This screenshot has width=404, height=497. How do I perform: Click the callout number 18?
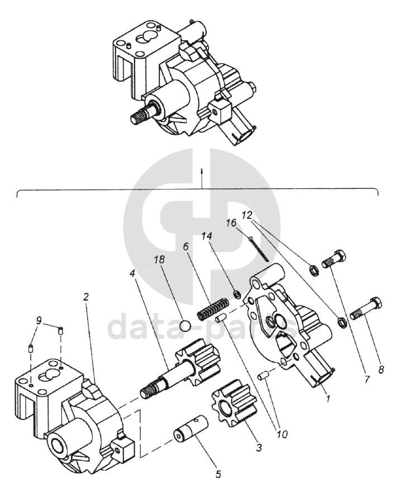(160, 260)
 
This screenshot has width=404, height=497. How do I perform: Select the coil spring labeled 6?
(211, 309)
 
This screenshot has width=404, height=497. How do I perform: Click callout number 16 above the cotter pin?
(231, 223)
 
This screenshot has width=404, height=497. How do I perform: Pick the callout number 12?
(246, 216)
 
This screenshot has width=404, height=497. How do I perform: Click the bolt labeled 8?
(366, 307)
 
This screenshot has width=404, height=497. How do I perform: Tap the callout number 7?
(368, 379)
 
